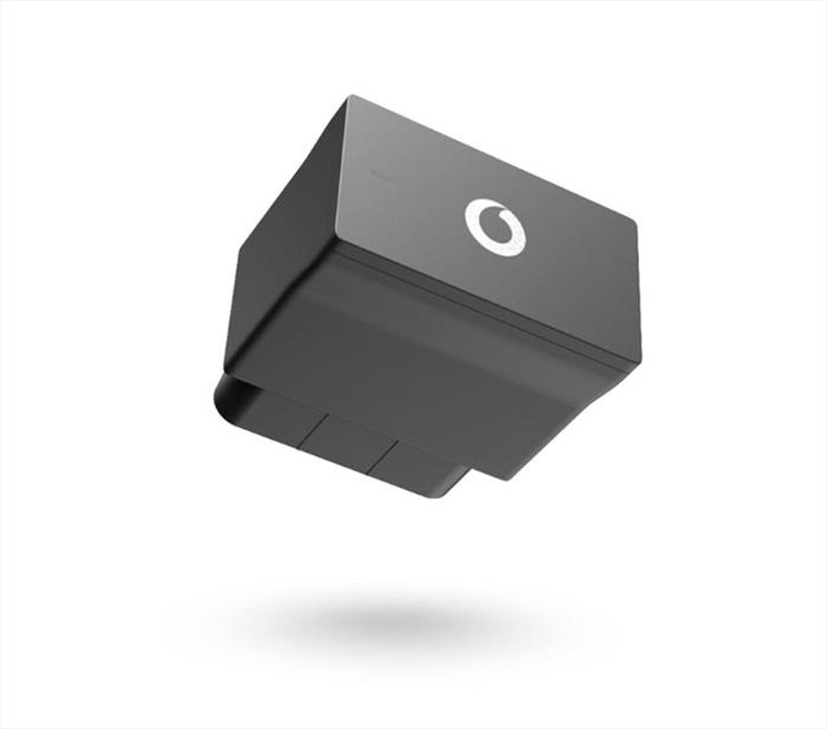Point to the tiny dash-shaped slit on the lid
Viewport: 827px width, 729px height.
click(380, 175)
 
